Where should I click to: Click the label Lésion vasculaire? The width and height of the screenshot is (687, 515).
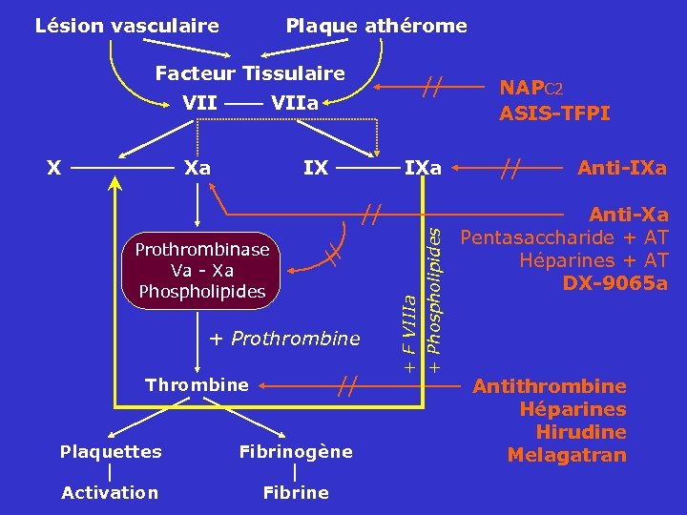coord(127,26)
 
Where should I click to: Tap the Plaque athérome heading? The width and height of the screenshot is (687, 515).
coord(377,26)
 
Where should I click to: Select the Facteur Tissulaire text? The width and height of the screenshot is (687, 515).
coord(250,73)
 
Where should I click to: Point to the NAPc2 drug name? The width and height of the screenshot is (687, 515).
coord(531,88)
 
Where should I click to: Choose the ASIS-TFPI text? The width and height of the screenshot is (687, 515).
coord(554,113)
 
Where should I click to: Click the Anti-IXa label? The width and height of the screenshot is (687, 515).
coord(621,169)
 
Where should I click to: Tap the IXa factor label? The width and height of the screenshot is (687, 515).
coord(423,169)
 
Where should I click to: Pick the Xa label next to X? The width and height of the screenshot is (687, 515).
coord(198,169)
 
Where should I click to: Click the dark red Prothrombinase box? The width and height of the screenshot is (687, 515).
coord(202,271)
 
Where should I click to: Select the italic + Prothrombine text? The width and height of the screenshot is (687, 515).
coord(284,338)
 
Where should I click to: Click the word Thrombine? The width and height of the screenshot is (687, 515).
coord(197,385)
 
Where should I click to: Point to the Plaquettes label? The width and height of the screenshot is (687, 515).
coord(111,451)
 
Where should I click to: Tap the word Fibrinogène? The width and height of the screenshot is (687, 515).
coord(295,451)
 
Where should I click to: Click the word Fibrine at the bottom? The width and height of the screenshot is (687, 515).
coord(295,493)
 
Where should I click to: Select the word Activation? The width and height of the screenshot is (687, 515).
coord(110,493)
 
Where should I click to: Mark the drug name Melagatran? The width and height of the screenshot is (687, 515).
coord(567,455)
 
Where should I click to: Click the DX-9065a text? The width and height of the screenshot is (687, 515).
coord(615,283)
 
